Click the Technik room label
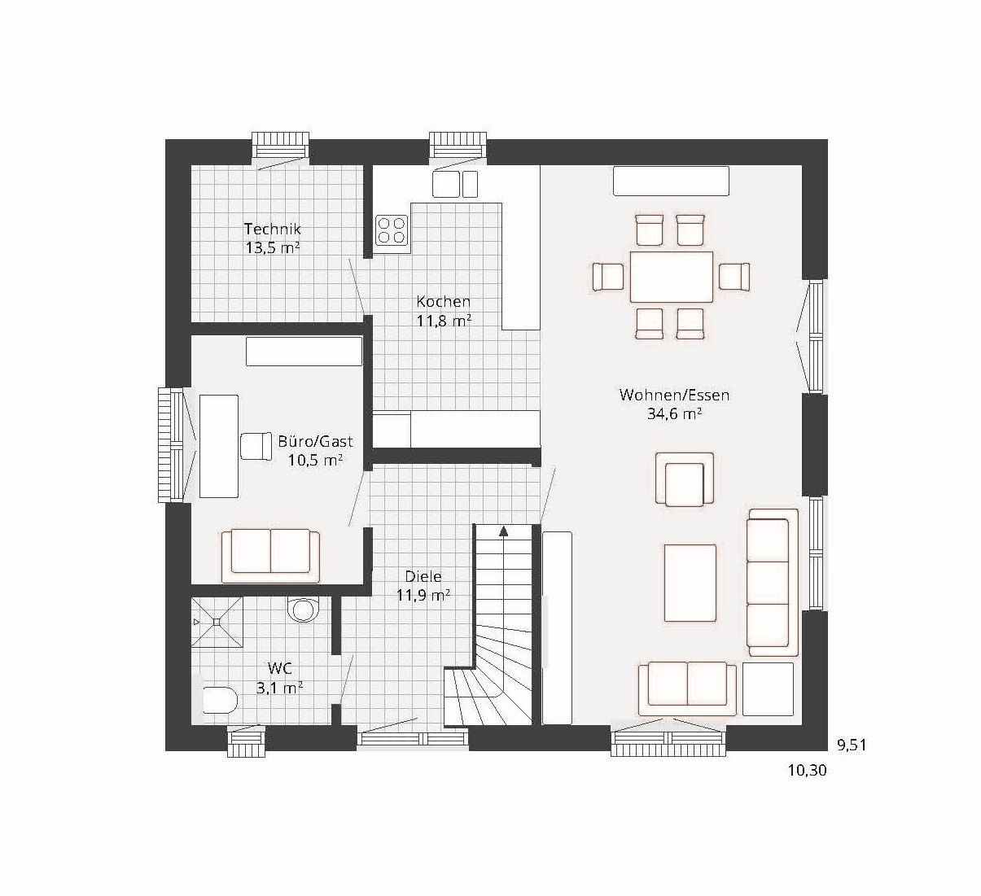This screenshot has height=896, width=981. click(x=273, y=229)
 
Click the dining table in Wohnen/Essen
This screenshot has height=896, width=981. click(x=671, y=277)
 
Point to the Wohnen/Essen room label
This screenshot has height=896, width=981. click(x=674, y=396)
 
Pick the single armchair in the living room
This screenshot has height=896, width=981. click(x=685, y=479)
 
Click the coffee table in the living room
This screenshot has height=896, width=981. click(x=690, y=583)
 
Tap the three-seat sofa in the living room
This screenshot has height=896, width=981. click(x=773, y=582)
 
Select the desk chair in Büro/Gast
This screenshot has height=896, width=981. click(x=256, y=447)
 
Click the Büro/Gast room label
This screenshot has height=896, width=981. click(x=315, y=442)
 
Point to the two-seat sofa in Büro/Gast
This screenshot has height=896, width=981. click(x=270, y=556)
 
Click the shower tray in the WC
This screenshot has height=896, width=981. click(x=217, y=622)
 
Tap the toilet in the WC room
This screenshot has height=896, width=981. click(x=303, y=610)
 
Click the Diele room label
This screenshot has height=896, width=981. click(x=423, y=576)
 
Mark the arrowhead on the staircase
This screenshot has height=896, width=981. click(x=503, y=531)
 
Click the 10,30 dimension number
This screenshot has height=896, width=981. click(x=807, y=771)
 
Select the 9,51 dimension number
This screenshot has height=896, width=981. click(x=852, y=745)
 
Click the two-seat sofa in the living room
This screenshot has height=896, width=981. click(x=687, y=689)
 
